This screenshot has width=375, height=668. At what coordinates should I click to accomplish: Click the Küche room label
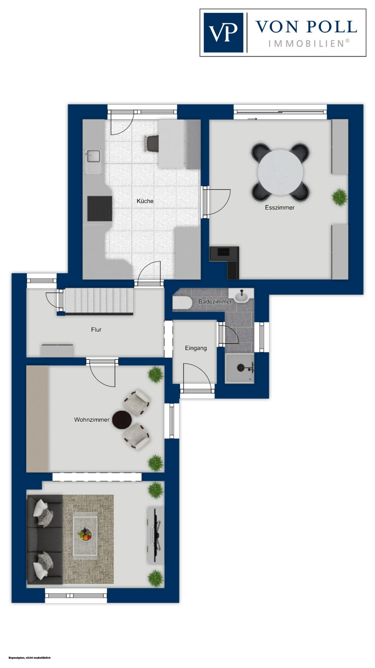pyautogui.click(x=145, y=201)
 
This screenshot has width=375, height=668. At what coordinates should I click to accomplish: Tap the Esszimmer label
pyautogui.click(x=280, y=207)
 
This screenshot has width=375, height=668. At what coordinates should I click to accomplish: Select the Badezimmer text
pyautogui.click(x=215, y=301)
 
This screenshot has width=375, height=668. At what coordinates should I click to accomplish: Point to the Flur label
pyautogui.click(x=96, y=330)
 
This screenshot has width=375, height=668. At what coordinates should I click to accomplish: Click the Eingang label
pyautogui.click(x=196, y=348)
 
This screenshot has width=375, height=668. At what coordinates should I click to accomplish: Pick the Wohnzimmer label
pyautogui.click(x=92, y=420)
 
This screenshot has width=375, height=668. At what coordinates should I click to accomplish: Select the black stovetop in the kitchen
pyautogui.click(x=100, y=208)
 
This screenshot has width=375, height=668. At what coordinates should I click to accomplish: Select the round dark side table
pyautogui.click(x=122, y=420)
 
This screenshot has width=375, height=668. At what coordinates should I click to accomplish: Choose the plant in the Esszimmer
pyautogui.click(x=339, y=197)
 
